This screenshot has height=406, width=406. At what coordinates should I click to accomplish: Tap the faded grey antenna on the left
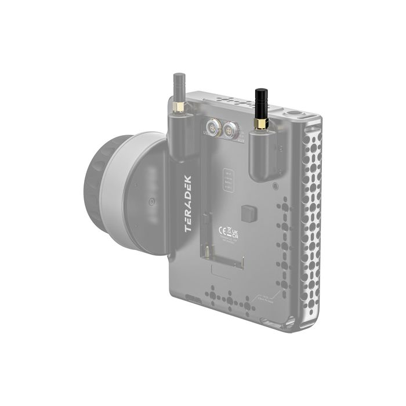(x=177, y=86)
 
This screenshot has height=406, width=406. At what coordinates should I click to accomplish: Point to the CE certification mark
(x=222, y=230)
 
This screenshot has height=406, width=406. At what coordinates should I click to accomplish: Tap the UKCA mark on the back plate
(x=235, y=234)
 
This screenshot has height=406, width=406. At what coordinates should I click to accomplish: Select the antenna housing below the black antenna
(x=260, y=157)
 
